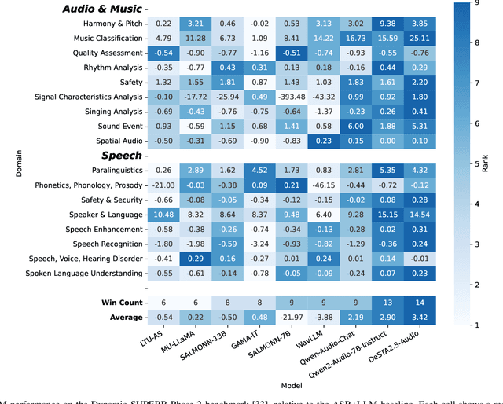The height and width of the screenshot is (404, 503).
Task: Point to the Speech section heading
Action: tap(121, 156)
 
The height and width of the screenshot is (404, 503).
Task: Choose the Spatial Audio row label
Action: tap(118, 141)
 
